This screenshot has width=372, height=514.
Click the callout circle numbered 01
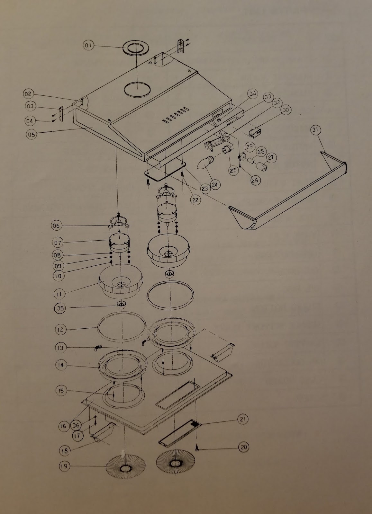88,46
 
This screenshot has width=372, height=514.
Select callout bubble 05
31,134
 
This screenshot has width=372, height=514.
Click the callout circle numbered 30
285,110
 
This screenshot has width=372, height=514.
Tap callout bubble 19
64,466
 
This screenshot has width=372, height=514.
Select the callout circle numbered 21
243,419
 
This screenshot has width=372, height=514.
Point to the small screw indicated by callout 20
197,449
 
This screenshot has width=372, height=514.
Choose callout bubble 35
60,308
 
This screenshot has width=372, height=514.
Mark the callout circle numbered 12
61,329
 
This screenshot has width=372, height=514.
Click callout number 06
56,226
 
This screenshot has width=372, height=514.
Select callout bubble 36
76,425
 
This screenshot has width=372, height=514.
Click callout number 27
271,158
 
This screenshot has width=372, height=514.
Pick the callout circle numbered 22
195,200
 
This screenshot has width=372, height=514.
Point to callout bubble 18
65,450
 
